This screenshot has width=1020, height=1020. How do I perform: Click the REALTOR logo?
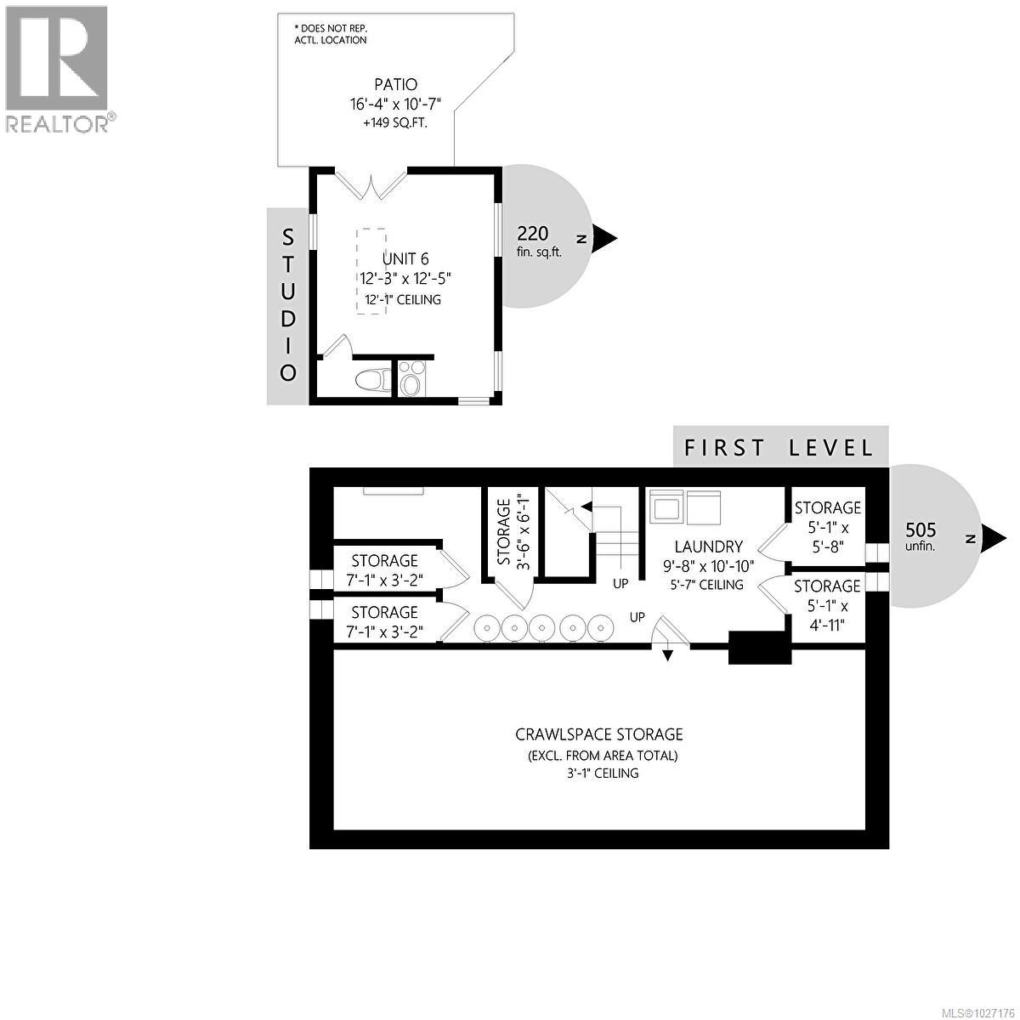[57, 68]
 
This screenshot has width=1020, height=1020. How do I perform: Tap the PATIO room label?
[396, 84]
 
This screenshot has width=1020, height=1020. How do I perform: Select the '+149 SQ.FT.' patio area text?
[396, 123]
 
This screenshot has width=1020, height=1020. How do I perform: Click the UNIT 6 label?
[405, 259]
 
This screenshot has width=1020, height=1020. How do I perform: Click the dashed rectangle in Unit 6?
[371, 271]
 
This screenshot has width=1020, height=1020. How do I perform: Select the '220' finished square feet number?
[533, 234]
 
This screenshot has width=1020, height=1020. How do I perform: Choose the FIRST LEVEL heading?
[779, 447]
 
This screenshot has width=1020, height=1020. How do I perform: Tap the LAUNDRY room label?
[709, 547]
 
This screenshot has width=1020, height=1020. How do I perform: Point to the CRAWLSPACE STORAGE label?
[599, 734]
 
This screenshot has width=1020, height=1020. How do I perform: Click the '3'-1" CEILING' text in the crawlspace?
[599, 773]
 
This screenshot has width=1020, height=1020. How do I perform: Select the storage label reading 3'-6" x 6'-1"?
[513, 532]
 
